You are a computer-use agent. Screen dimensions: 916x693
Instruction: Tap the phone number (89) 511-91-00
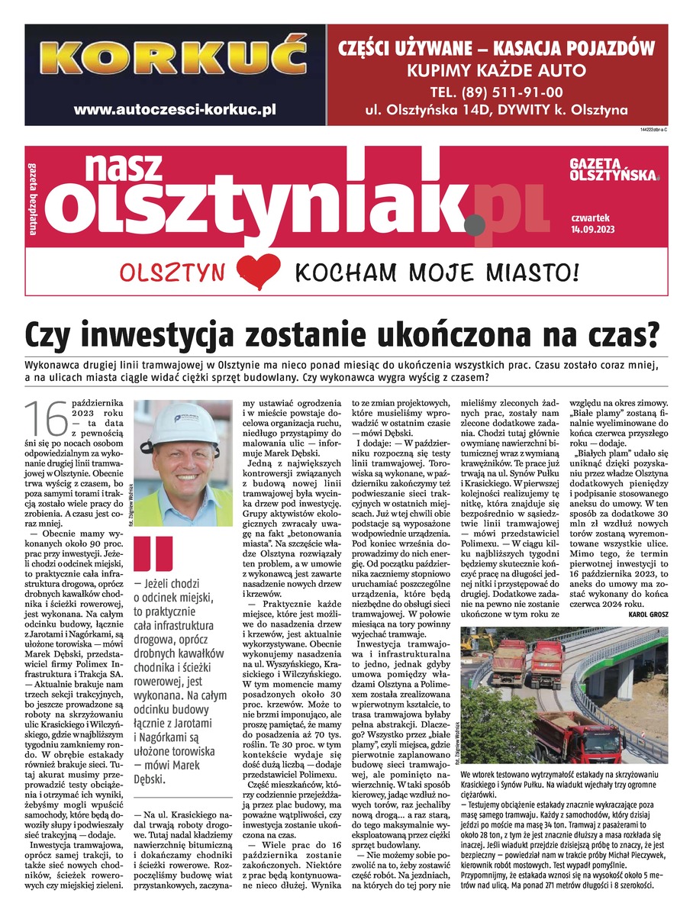point(497,92)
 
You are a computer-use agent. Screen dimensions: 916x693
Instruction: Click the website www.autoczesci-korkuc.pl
point(175,109)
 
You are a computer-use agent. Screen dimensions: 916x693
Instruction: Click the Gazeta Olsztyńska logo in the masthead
point(614,170)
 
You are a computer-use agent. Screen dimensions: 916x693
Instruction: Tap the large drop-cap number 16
point(45,419)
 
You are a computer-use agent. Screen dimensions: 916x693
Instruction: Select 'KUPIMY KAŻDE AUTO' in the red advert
point(497,72)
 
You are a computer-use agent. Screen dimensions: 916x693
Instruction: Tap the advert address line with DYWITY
point(497,110)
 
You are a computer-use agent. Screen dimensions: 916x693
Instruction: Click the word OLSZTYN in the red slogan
point(172,273)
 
